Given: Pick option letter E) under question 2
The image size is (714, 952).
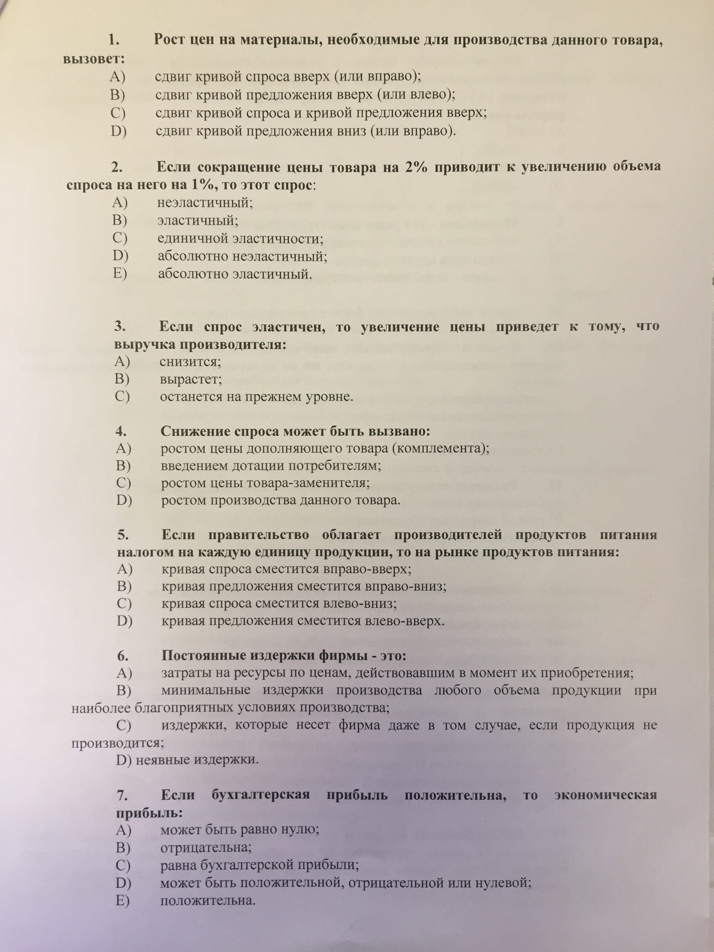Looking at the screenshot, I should (x=120, y=274).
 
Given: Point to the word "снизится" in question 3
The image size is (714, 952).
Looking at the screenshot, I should (x=190, y=361).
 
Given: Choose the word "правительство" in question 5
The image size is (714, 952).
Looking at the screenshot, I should (x=259, y=535).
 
